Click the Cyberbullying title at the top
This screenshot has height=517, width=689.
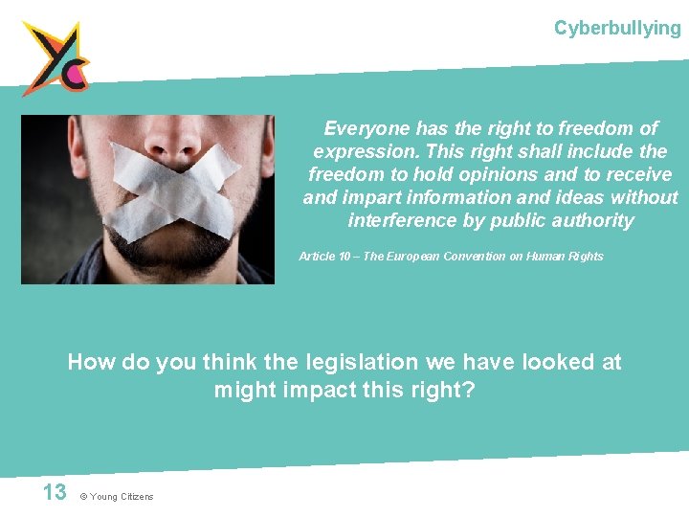click(617, 28)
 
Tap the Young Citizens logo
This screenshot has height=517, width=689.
click(56, 57)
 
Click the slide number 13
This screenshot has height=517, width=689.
click(55, 492)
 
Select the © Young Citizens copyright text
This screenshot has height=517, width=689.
click(117, 496)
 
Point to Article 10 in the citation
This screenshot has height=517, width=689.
click(324, 257)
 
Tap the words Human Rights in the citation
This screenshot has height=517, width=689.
click(569, 257)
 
